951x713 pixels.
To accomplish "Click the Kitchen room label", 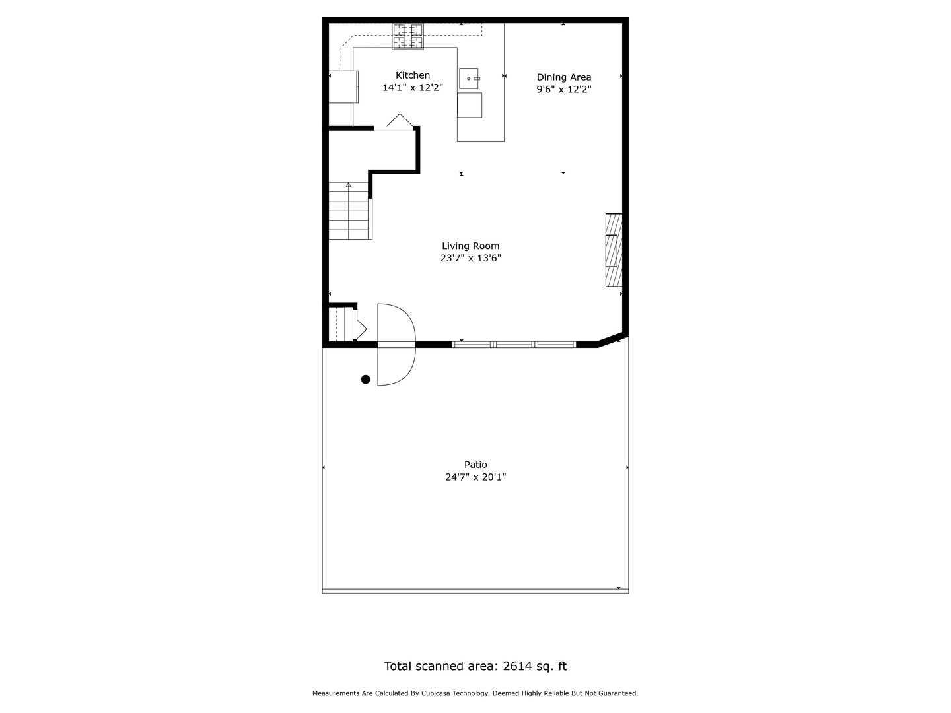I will click(413, 75).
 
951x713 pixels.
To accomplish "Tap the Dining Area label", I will click(563, 77).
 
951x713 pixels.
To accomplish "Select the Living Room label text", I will click(470, 246).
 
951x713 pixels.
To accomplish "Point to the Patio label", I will click(475, 465).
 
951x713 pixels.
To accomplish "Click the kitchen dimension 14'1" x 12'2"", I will click(413, 88).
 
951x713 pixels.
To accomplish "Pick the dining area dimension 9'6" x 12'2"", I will click(563, 90).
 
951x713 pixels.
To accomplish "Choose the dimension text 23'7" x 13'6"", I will click(470, 259).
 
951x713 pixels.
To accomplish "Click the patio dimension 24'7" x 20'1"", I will click(475, 477).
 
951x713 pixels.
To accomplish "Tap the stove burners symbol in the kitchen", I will click(408, 36).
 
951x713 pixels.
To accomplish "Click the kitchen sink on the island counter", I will click(469, 79).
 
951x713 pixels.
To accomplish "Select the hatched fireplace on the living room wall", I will click(614, 250).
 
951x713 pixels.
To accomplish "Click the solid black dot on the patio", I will click(365, 379).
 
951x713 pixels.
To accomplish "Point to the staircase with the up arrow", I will click(349, 210).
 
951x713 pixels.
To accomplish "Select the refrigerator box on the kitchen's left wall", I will click(344, 86).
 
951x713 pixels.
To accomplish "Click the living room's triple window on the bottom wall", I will click(514, 344).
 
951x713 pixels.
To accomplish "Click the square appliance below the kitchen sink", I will click(470, 105).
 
